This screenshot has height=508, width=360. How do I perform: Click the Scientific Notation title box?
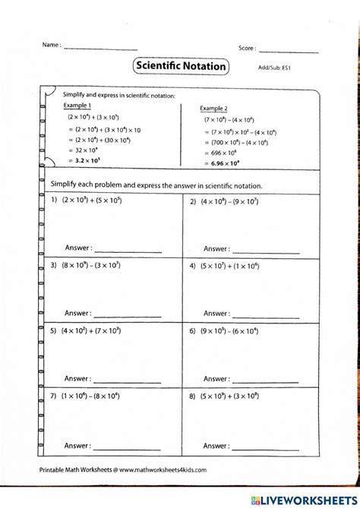click(181, 66)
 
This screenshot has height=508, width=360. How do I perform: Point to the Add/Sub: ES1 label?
click(275, 68)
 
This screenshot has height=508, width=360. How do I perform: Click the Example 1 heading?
click(77, 106)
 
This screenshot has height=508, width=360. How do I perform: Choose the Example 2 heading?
click(214, 108)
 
